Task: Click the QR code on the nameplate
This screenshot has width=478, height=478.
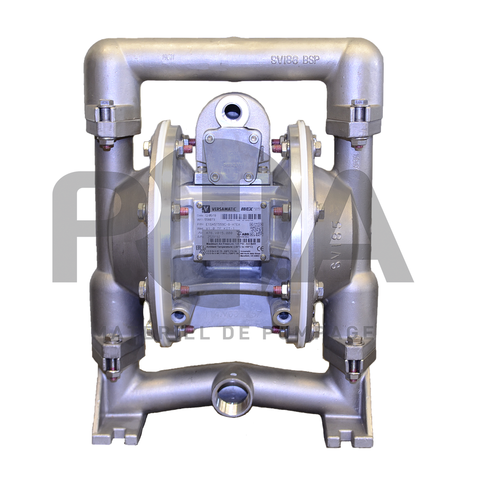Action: tap(256, 229)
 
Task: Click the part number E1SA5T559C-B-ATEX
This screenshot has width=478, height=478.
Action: tap(223, 225)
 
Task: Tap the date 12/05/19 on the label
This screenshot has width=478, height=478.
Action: tap(211, 216)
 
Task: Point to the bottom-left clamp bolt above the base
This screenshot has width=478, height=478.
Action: tap(112, 357)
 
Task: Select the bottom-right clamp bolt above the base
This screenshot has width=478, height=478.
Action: tap(355, 357)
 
